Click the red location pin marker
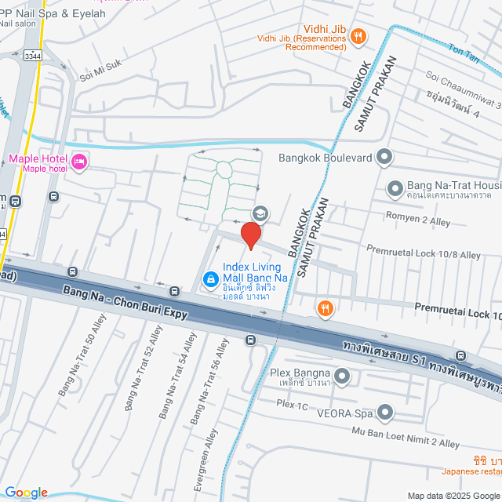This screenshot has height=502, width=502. pos(250,235)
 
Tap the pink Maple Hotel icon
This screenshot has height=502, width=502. pos(78,162)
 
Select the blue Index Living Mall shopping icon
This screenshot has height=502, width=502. pos(211,278)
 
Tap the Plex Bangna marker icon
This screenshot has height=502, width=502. pos(341,374)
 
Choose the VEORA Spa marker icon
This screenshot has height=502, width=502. pos(384,411)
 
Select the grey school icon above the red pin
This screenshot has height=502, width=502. pos(259,213)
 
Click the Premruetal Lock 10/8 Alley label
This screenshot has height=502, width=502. pos(424,251)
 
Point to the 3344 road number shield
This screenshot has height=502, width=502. pos(33,56)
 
